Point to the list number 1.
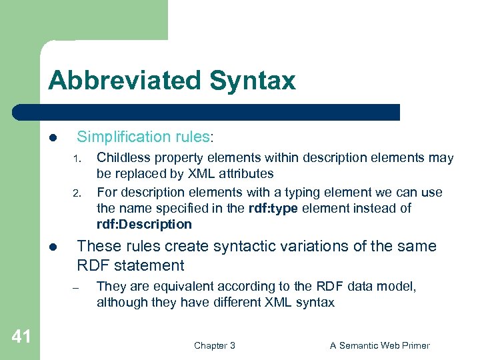coord(77,159)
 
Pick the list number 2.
coord(77,194)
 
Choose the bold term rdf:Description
coord(144,224)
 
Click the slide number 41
coord(21,337)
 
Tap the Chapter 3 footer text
coord(214,345)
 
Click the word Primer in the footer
coord(413,345)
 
